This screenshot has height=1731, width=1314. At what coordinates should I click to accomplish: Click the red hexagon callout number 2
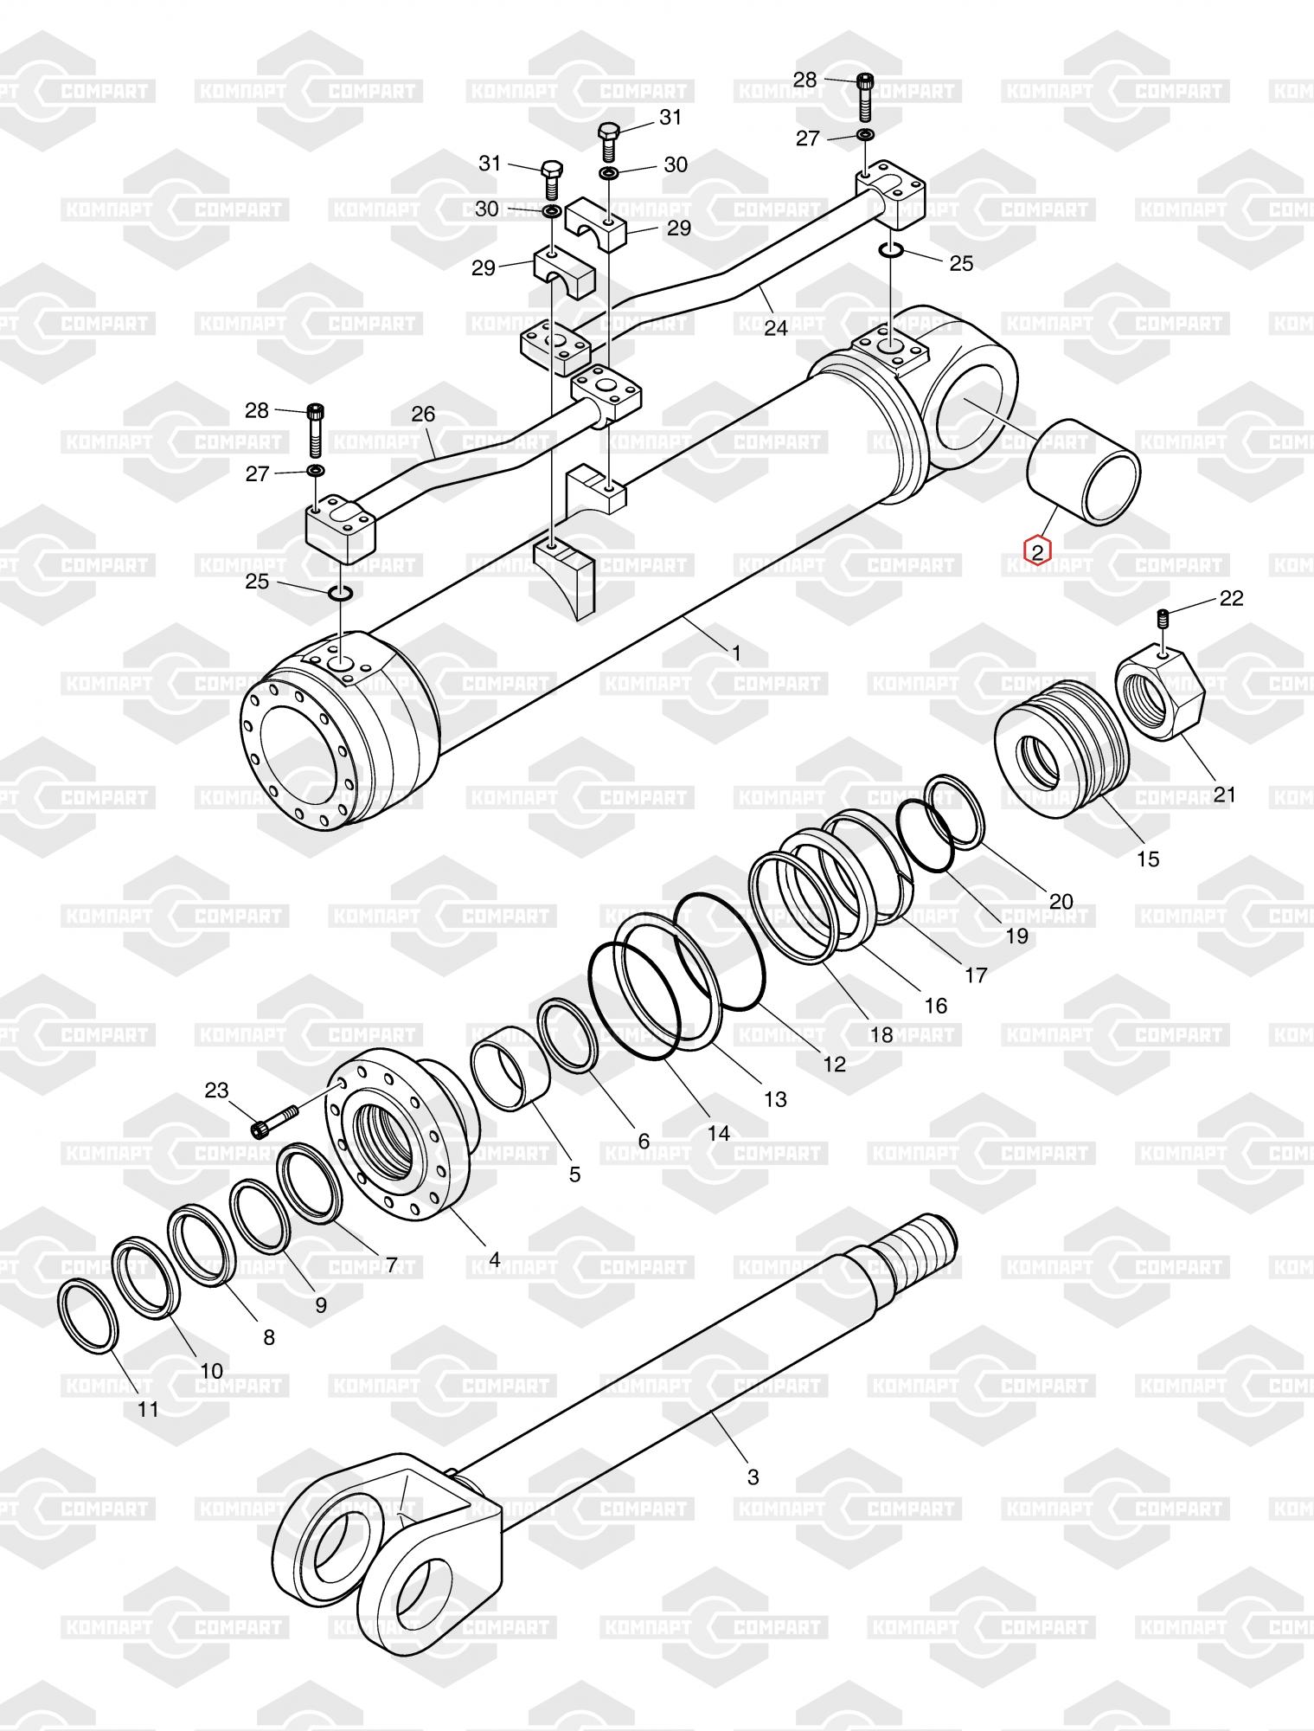pos(1037,550)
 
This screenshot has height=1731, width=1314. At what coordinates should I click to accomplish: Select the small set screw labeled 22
pos(1163,619)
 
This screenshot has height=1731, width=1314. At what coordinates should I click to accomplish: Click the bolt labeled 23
pos(274,1121)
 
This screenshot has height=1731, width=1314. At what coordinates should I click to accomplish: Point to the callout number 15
pos(1147,859)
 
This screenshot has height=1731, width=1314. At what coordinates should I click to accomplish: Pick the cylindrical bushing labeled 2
pos(1083,473)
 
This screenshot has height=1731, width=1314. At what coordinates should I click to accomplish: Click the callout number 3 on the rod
pos(753,1477)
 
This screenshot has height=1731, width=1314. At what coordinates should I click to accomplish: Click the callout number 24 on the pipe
pos(776,328)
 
